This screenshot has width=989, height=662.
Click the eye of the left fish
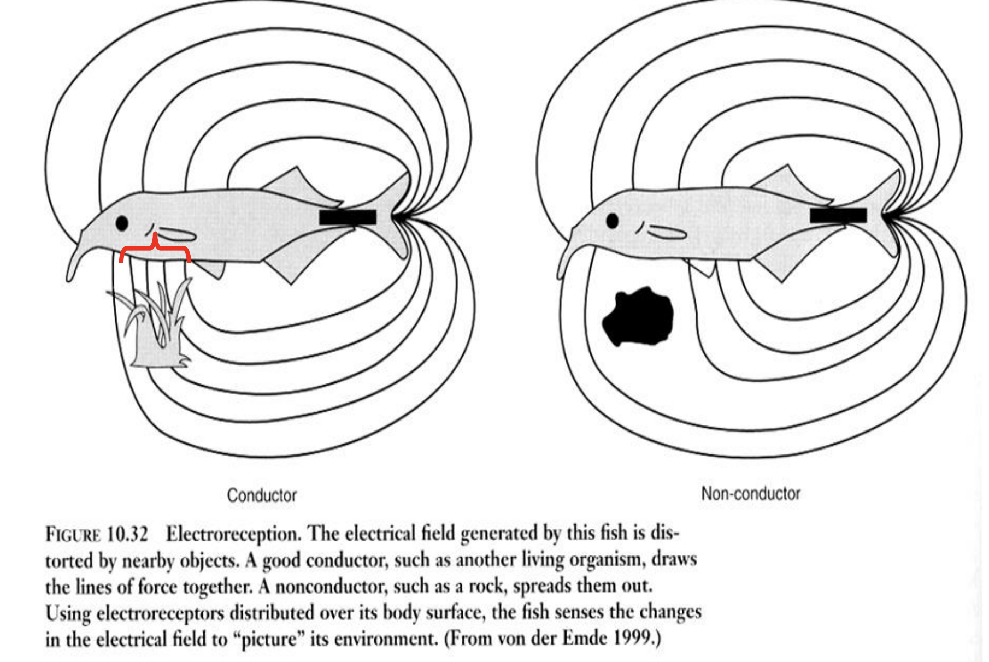(x=122, y=223)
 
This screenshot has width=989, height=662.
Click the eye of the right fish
(x=612, y=221)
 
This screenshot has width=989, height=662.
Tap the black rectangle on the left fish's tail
(x=348, y=217)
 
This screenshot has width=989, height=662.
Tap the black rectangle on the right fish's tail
(x=838, y=215)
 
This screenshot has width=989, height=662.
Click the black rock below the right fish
(x=638, y=317)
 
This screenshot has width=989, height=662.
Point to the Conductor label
(x=262, y=495)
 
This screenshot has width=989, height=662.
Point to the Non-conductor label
(x=751, y=493)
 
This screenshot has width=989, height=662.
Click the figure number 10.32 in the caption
(x=127, y=534)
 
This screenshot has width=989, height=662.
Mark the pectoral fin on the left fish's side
(x=176, y=235)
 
